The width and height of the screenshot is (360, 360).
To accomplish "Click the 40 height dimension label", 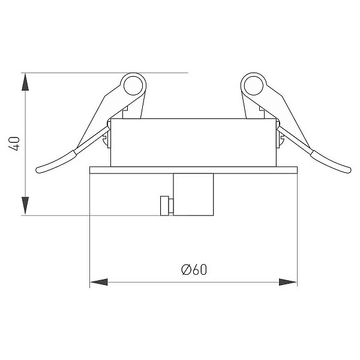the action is pyautogui.click(x=14, y=143).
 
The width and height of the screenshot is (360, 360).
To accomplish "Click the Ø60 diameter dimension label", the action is pyautogui.click(x=194, y=269).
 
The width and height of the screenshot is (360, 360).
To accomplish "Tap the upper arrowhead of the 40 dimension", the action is pyautogui.click(x=25, y=82).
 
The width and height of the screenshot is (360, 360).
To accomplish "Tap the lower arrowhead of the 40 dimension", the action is pyautogui.click(x=25, y=205).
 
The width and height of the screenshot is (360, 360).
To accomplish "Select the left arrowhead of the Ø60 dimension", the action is pyautogui.click(x=99, y=282).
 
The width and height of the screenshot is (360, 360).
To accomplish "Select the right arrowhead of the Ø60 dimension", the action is pyautogui.click(x=288, y=282).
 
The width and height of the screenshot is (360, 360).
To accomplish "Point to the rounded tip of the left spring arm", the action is pyautogui.click(x=38, y=170).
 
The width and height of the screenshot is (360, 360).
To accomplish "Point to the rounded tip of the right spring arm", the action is pyautogui.click(x=348, y=170).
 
